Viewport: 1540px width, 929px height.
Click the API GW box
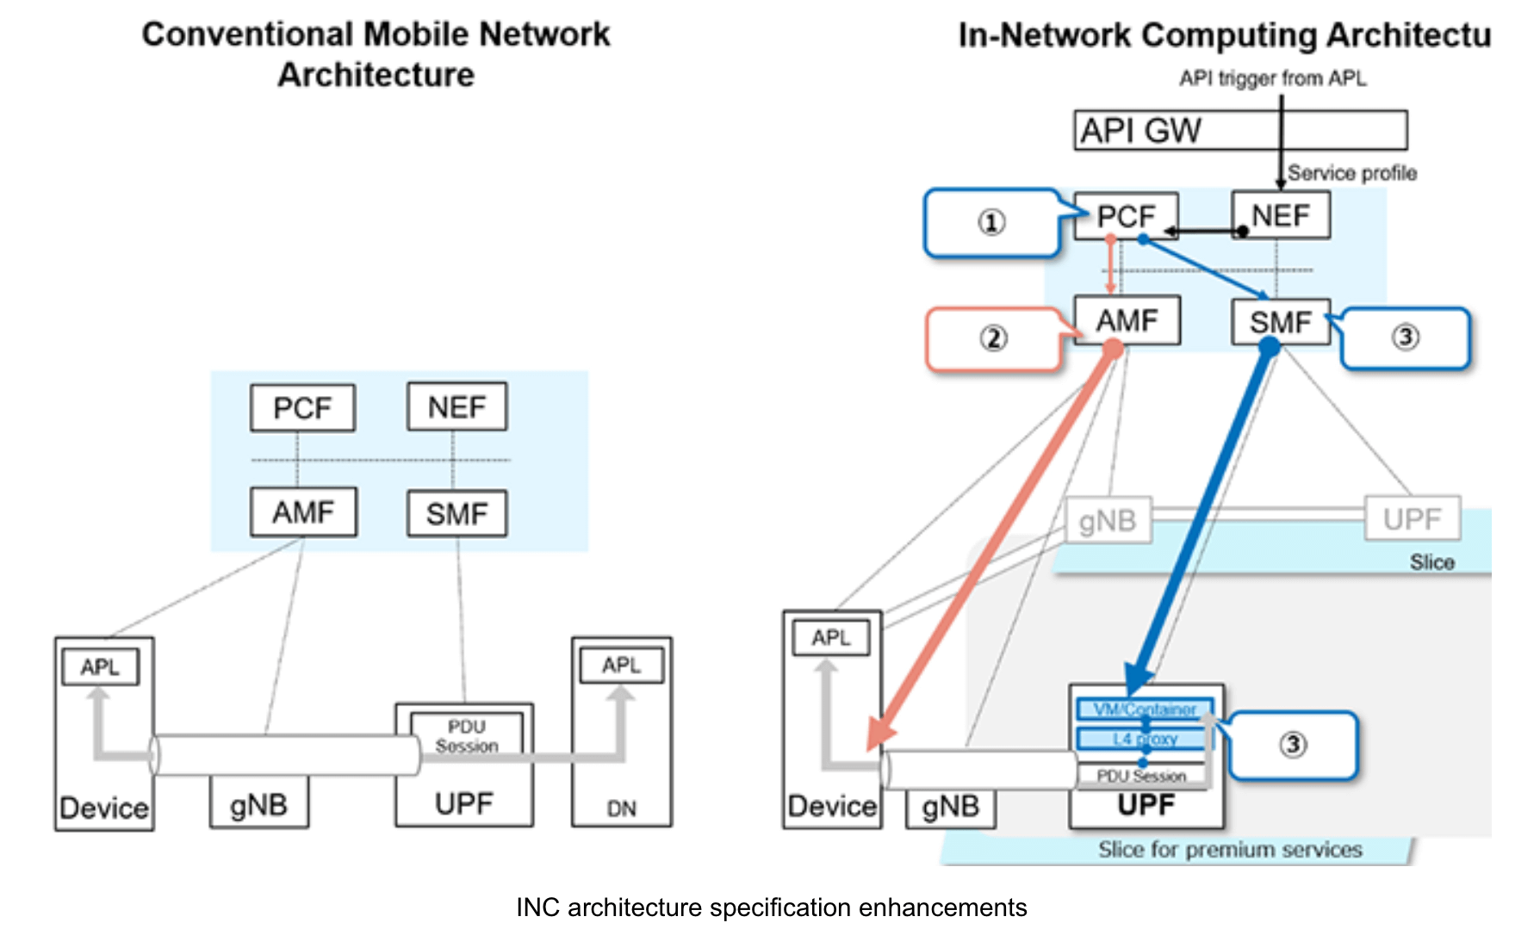tap(1240, 130)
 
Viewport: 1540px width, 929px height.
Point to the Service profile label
tap(1352, 173)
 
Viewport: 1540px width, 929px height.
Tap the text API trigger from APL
tap(1272, 78)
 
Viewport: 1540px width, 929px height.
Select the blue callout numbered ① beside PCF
tap(991, 223)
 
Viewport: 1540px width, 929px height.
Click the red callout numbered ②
tap(993, 338)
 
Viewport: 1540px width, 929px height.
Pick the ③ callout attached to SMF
tap(1406, 337)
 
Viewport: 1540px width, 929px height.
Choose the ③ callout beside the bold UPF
tap(1293, 745)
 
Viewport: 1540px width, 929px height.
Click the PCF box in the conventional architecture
tap(302, 407)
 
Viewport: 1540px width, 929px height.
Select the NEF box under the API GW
tap(1281, 215)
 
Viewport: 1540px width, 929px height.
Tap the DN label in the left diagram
tap(622, 808)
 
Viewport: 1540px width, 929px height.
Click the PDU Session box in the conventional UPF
tap(467, 736)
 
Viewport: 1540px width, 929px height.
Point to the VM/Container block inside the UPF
tap(1145, 709)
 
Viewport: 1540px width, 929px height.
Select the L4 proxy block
tap(1145, 739)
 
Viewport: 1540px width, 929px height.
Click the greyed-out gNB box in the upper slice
tap(1108, 520)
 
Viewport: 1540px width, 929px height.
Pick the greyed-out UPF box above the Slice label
tap(1413, 518)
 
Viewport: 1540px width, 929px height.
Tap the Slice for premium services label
tap(1230, 850)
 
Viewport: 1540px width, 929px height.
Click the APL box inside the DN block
tap(622, 666)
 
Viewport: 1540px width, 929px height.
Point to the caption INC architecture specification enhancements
tap(771, 907)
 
